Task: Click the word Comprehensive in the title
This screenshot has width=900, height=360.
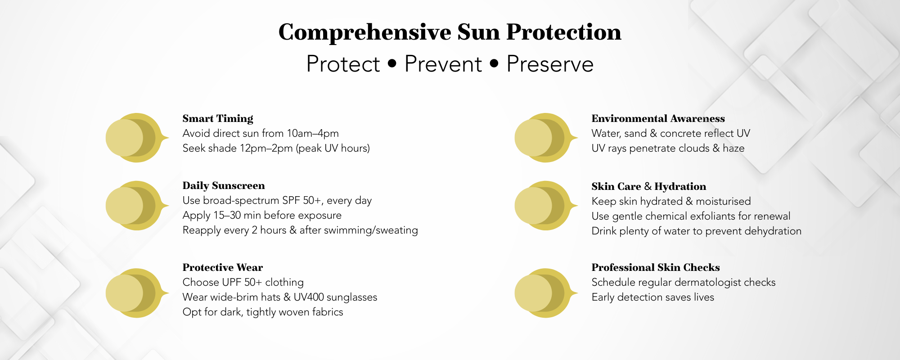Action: [x=364, y=32]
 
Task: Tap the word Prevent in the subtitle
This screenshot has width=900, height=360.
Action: [x=443, y=64]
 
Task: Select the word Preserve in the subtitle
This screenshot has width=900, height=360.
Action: [x=549, y=64]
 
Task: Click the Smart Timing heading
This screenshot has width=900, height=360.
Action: [x=218, y=119]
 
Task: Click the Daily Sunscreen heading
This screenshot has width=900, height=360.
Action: [x=224, y=186]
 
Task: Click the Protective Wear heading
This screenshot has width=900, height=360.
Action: [x=223, y=268]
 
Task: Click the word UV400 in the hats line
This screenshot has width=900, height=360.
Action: [x=309, y=297]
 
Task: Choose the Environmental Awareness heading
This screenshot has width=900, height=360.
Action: [x=658, y=119]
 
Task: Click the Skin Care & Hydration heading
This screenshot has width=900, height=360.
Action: [x=648, y=187]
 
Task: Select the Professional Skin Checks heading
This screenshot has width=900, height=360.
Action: [x=655, y=268]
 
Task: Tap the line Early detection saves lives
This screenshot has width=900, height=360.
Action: [x=652, y=297]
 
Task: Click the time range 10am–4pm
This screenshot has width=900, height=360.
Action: [x=313, y=134]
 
